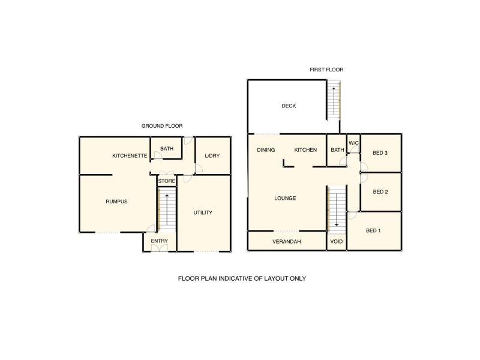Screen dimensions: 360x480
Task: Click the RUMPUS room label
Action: point(116,202)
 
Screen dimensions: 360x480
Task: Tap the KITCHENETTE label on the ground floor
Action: point(130,156)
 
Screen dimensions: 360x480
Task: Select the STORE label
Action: point(166,181)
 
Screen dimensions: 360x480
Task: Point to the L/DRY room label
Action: point(212,156)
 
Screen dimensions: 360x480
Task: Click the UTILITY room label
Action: point(203,213)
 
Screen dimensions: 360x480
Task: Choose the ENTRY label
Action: point(159,241)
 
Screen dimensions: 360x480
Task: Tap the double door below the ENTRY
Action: point(159,249)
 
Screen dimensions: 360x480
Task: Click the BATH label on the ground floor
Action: point(166,148)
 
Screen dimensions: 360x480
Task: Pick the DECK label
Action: point(289,106)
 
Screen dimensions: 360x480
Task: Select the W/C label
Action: point(353,143)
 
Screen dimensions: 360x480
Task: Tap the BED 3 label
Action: point(380,153)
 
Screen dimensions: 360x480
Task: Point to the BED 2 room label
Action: point(380,192)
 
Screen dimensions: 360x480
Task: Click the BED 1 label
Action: point(373,230)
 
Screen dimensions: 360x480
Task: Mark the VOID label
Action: point(337,242)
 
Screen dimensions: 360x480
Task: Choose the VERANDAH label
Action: point(287,242)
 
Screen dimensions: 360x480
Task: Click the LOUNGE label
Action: point(286,198)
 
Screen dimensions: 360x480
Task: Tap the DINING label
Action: point(266,150)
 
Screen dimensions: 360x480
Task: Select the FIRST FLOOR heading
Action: point(326,70)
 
